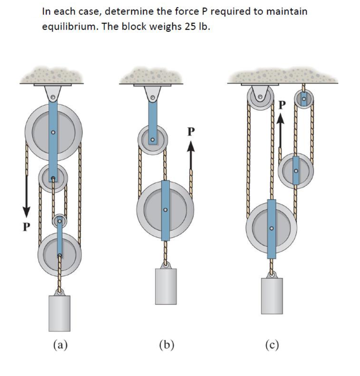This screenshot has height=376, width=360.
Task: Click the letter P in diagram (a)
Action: coord(25,227)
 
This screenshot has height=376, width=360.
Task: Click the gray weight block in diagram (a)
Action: coord(60,313)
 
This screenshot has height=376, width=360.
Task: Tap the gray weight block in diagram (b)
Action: coord(166,286)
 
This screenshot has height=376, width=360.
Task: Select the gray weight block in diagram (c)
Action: coord(272,296)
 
